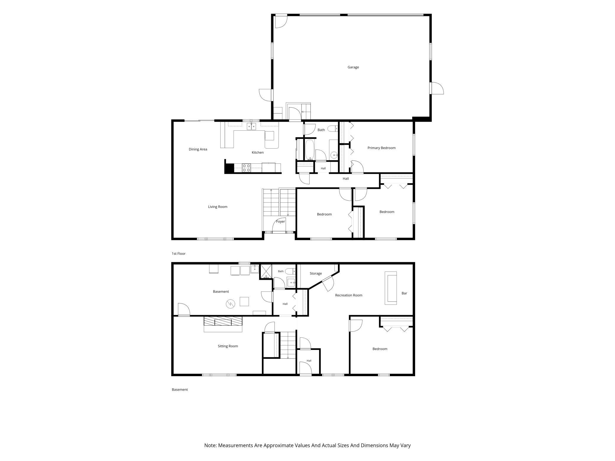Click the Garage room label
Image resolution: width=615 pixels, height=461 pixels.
353,67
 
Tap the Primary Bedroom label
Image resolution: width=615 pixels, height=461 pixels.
381,148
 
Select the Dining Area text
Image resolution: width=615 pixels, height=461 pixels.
198,149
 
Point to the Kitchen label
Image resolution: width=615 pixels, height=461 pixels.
258,152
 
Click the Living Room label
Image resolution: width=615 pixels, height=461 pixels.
218,207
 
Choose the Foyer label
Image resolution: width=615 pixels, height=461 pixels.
280,222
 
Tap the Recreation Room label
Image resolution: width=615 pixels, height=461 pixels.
349,295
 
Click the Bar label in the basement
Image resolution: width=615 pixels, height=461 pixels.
404,293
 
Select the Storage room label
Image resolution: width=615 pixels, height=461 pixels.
315,274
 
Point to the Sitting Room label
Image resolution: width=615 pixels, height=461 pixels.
228,346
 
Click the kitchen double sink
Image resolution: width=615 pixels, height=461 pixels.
251,126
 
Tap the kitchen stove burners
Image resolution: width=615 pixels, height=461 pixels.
247,168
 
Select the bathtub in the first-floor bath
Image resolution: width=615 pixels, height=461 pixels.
310,150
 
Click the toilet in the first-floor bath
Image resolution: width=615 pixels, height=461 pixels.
333,129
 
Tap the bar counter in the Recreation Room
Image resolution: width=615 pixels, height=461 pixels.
391,288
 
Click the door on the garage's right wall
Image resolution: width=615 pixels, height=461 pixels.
437,88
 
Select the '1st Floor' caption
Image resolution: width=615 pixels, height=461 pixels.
179,254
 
